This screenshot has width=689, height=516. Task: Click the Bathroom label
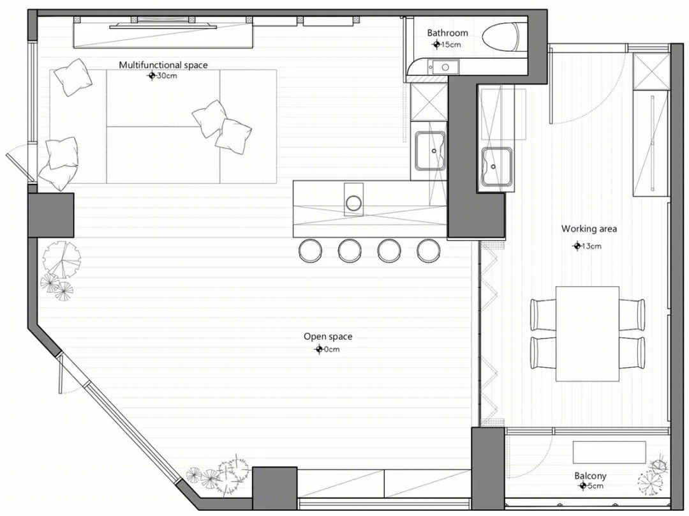(x=447, y=33)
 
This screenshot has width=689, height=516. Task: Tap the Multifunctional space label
(x=163, y=65)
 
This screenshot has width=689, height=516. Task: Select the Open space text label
(x=328, y=337)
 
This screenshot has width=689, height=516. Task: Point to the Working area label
(x=589, y=229)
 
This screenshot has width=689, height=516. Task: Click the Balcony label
(x=590, y=476)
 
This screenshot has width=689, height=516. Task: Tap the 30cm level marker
(x=161, y=75)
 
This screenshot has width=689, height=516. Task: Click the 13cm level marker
(x=587, y=246)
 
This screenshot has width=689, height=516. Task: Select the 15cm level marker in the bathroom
(x=447, y=44)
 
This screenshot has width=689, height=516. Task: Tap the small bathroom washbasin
(x=444, y=67)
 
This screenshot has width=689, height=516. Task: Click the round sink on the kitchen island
(x=353, y=203)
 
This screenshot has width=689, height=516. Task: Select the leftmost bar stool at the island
(x=310, y=251)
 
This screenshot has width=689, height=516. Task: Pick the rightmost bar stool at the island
(x=429, y=251)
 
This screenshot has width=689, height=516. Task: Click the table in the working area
(x=588, y=333)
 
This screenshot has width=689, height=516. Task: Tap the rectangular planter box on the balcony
(x=609, y=452)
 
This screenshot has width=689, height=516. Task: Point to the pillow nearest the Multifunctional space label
(x=73, y=77)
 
